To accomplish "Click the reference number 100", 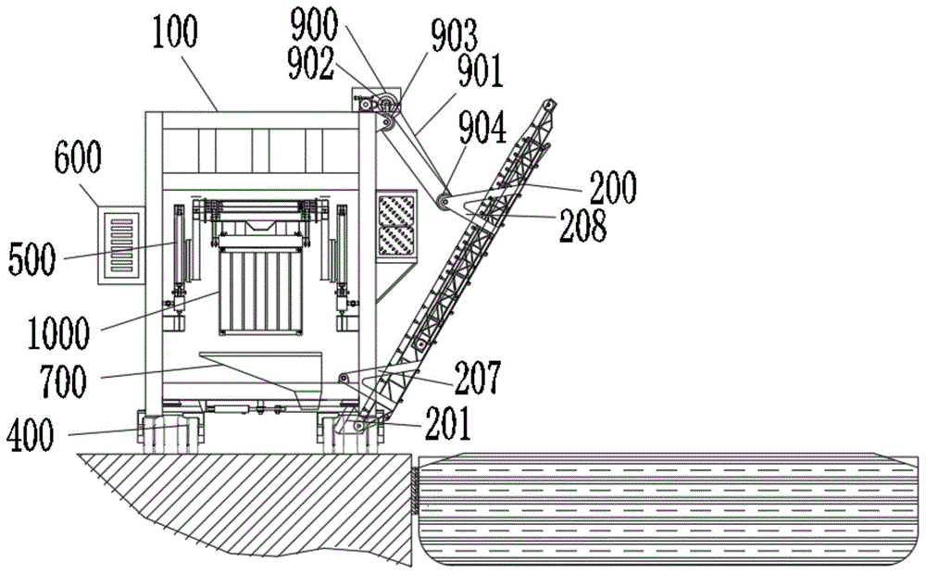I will point(176,34).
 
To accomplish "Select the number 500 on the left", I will point(32,260).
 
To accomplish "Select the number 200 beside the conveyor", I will point(611,189).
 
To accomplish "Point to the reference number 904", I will point(481,131).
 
